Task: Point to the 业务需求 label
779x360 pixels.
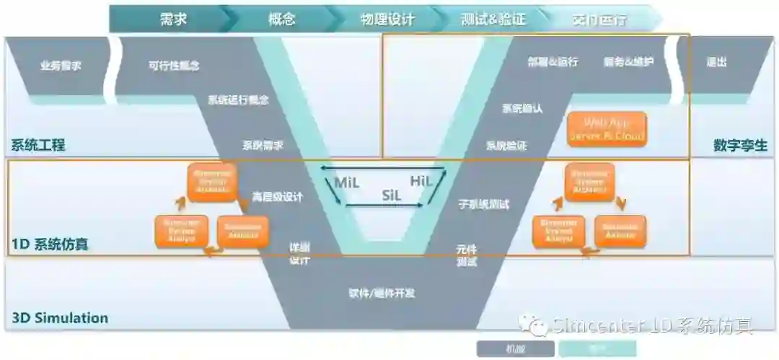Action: [61, 66]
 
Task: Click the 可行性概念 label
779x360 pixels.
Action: [174, 66]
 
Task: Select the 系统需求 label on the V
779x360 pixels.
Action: [263, 145]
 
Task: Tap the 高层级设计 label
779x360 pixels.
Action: [277, 196]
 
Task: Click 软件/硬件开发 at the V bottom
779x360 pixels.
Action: [382, 293]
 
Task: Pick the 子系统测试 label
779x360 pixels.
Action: [483, 204]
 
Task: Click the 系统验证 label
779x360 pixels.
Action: [506, 145]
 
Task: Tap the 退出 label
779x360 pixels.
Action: [716, 62]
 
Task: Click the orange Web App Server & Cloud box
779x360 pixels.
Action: [607, 129]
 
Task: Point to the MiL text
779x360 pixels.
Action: [346, 183]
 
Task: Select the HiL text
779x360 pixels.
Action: [421, 181]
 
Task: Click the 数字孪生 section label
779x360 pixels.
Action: [740, 145]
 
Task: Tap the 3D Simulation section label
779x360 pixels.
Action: [60, 317]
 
